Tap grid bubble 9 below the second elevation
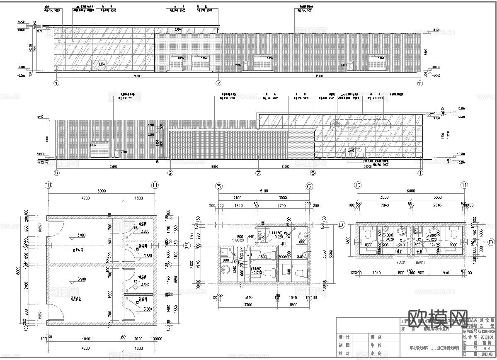pyautogui.click(x=170, y=173)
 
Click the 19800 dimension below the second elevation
pyautogui.click(x=214, y=166)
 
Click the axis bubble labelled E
pyautogui.click(x=187, y=245)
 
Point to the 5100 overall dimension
pyautogui.click(x=264, y=191)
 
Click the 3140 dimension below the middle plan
pyautogui.click(x=248, y=297)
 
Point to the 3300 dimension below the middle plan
pyautogui.click(x=248, y=305)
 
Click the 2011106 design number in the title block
pyautogui.click(x=486, y=337)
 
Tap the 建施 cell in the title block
pyautogui.click(x=486, y=343)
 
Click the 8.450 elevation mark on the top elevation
pyautogui.click(x=178, y=30)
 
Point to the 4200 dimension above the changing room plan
pyautogui.click(x=86, y=198)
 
